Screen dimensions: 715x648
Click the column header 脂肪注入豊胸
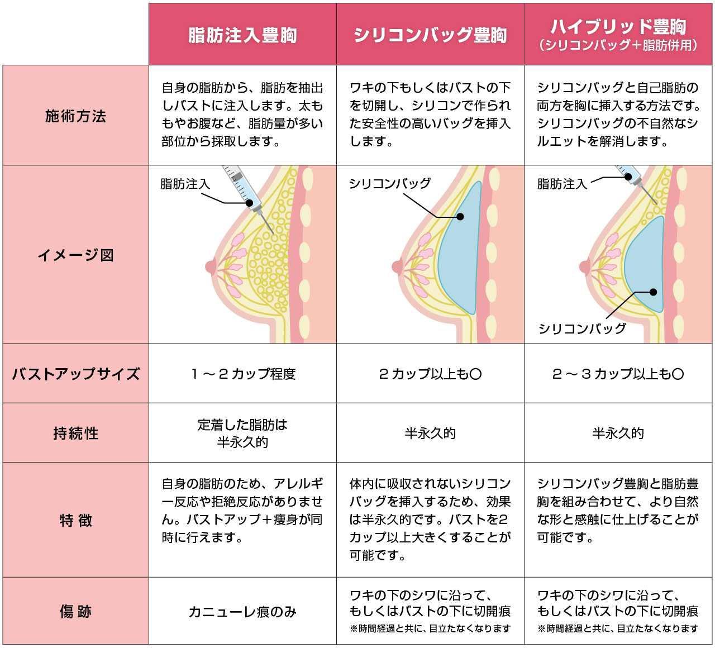(x=242, y=35)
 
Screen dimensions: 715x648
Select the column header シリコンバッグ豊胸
(x=430, y=35)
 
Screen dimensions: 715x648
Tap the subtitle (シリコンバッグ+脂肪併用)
(x=618, y=45)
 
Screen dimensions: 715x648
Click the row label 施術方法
(x=75, y=116)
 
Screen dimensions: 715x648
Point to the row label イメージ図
(x=75, y=255)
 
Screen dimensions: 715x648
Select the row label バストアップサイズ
(x=75, y=374)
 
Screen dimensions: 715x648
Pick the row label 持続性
(x=75, y=433)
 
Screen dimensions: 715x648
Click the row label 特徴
(x=75, y=521)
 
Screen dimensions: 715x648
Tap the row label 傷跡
(x=75, y=612)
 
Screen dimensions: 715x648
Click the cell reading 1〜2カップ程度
(x=244, y=374)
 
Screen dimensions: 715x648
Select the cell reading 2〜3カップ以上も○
(x=618, y=374)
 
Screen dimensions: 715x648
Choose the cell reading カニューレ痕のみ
(x=242, y=612)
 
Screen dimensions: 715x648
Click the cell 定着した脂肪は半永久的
(x=242, y=433)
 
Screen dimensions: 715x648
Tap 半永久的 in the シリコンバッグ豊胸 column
(x=430, y=433)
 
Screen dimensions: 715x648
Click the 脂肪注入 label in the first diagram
(x=185, y=184)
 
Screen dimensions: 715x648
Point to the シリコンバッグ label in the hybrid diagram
(x=582, y=328)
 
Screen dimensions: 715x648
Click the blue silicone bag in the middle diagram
(x=460, y=250)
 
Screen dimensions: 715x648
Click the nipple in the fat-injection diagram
(x=211, y=266)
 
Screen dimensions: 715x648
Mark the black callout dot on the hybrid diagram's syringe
(x=628, y=177)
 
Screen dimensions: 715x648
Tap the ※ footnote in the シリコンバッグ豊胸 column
(x=430, y=628)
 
